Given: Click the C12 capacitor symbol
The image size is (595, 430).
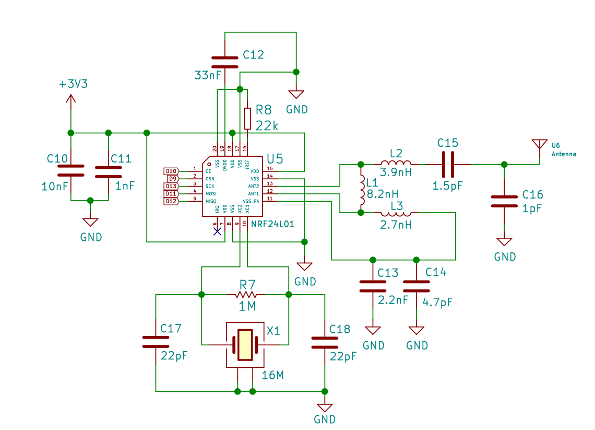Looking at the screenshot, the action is (x=224, y=62).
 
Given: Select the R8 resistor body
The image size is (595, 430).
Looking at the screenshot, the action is (x=247, y=119).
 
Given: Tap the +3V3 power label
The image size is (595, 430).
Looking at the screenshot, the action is (x=73, y=84).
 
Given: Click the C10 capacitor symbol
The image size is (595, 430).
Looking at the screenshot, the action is (x=70, y=170).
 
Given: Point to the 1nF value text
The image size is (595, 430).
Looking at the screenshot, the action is (x=125, y=186).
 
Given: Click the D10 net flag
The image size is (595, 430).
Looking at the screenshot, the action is (x=171, y=171).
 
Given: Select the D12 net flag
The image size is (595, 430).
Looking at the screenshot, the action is (x=171, y=201).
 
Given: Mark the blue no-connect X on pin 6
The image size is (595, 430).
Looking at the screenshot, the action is (x=218, y=231).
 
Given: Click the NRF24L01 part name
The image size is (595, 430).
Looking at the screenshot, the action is (x=272, y=224).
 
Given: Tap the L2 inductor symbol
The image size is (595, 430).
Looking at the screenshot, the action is (x=396, y=163).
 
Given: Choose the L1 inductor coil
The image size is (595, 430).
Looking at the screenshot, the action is (x=362, y=189).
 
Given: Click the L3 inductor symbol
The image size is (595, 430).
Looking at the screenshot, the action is (x=396, y=214).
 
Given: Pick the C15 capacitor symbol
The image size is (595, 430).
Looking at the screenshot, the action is (x=448, y=165).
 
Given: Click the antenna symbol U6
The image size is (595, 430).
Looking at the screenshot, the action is (x=540, y=146).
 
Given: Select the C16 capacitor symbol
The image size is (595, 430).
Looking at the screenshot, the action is (x=504, y=201).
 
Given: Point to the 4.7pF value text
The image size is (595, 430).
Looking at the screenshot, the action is (x=437, y=303).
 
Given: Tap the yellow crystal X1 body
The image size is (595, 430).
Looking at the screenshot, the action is (x=245, y=345).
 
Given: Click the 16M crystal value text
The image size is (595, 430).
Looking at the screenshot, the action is (x=273, y=375).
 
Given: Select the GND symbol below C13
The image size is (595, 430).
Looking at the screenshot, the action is (x=373, y=331).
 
